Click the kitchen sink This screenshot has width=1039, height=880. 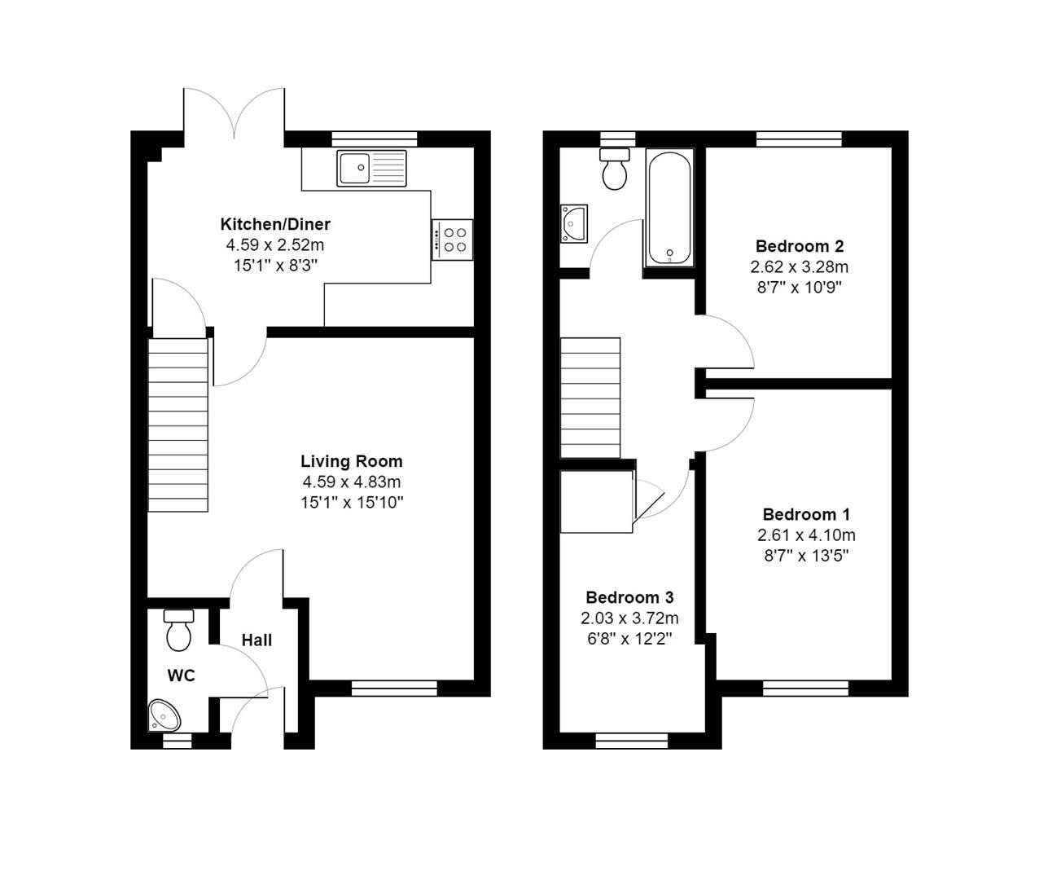(x=371, y=169)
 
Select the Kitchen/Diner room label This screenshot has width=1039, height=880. (x=275, y=224)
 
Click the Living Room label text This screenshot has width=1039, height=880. (x=352, y=461)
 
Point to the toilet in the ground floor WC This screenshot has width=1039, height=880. (x=178, y=630)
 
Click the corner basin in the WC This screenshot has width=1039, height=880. (x=165, y=716)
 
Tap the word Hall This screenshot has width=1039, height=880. (x=256, y=640)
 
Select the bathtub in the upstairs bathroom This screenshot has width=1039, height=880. (x=669, y=209)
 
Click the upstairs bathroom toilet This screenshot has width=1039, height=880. (x=615, y=169)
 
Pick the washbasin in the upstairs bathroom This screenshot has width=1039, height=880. (x=575, y=222)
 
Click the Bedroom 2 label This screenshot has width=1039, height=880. (x=799, y=246)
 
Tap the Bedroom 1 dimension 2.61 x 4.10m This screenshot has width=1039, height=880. (x=806, y=535)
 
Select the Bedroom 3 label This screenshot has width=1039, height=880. (x=629, y=597)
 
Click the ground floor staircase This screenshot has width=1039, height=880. (x=178, y=425)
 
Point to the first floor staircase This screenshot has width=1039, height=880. (x=590, y=398)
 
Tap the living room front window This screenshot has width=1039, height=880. (x=394, y=689)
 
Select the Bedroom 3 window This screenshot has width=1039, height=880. (x=631, y=740)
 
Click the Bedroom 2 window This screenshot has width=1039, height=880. (x=798, y=139)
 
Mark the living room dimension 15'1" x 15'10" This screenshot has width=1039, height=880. (x=352, y=503)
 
